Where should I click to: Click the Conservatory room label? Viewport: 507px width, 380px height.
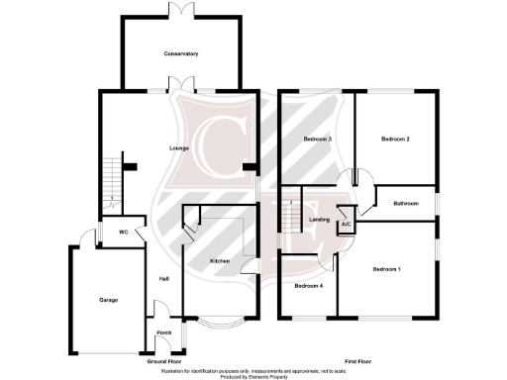(182, 53)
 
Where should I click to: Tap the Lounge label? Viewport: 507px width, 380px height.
(179, 148)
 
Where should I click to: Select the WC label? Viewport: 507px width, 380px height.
(124, 233)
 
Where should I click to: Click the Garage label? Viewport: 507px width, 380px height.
(108, 299)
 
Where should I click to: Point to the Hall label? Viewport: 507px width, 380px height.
(162, 278)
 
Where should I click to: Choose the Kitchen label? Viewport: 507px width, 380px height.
(220, 260)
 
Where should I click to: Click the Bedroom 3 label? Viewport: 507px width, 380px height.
(317, 140)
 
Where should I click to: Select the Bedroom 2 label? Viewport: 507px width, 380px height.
(395, 140)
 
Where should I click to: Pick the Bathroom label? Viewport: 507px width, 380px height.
(406, 203)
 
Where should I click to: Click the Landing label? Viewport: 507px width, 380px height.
(319, 220)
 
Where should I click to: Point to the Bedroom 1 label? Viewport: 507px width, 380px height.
(386, 269)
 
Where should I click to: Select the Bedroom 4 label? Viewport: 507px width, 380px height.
(308, 286)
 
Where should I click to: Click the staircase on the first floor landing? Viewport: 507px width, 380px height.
(291, 213)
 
